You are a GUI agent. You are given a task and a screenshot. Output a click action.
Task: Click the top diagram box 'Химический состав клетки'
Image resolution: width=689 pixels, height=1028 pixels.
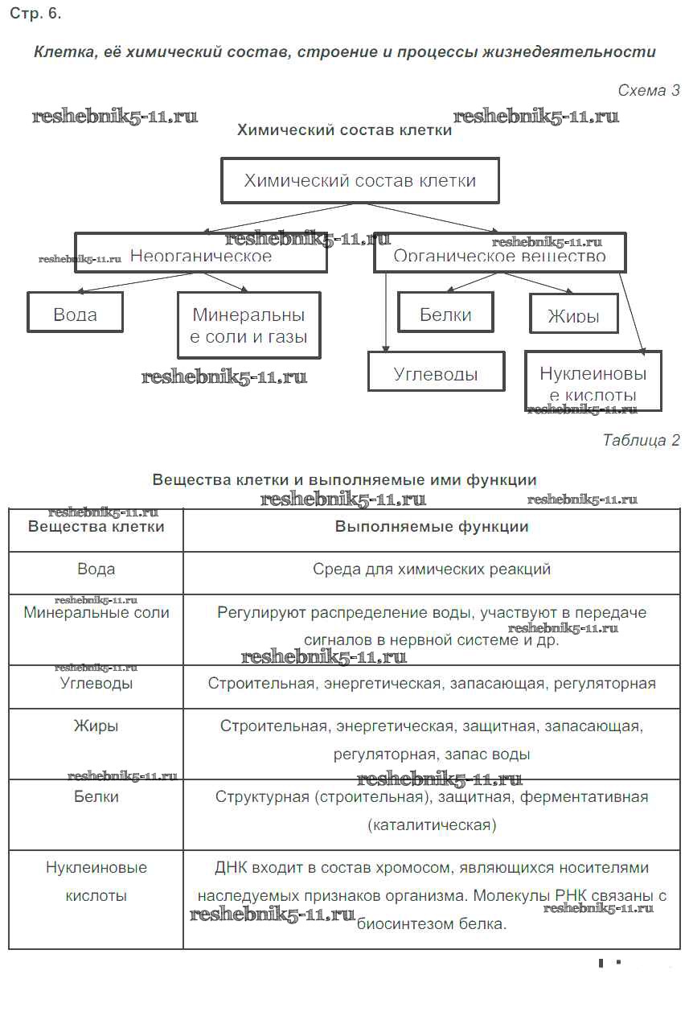[x=359, y=180]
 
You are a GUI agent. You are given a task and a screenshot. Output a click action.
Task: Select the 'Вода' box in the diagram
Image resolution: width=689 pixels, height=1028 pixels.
[x=75, y=312]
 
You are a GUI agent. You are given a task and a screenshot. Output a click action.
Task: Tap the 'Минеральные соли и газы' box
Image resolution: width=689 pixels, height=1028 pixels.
[x=248, y=325]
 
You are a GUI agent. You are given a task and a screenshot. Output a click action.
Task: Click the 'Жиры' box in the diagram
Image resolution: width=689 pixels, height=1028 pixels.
[x=573, y=314]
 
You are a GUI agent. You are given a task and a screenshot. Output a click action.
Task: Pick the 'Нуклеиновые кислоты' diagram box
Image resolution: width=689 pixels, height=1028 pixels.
[x=593, y=382]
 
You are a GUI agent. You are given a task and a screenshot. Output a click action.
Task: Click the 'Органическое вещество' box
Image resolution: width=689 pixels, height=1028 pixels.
[x=499, y=257]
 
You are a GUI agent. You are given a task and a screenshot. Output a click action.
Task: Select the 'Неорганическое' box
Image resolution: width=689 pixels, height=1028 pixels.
[x=200, y=255]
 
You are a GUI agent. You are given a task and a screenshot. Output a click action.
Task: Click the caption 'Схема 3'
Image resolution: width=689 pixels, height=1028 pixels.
[x=648, y=91]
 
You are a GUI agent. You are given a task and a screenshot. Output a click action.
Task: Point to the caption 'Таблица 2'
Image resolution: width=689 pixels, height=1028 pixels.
[x=641, y=440]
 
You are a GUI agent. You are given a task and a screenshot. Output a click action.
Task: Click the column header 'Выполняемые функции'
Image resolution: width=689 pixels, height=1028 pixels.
[x=432, y=527]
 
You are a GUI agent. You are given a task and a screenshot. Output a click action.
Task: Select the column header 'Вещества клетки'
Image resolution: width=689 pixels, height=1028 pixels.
[x=96, y=527]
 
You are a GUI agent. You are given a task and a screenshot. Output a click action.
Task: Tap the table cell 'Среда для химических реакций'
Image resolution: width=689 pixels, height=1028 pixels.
[x=432, y=570]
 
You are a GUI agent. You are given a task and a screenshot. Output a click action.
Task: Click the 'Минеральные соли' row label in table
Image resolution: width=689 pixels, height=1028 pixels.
[x=96, y=613]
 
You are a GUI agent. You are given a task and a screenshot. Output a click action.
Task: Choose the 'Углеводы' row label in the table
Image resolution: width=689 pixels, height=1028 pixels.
[x=96, y=684]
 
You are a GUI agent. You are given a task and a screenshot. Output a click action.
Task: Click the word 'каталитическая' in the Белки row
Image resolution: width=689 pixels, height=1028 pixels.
[x=432, y=825]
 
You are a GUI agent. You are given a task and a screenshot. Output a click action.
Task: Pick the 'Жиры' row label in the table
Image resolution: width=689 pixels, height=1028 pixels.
[x=96, y=726]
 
